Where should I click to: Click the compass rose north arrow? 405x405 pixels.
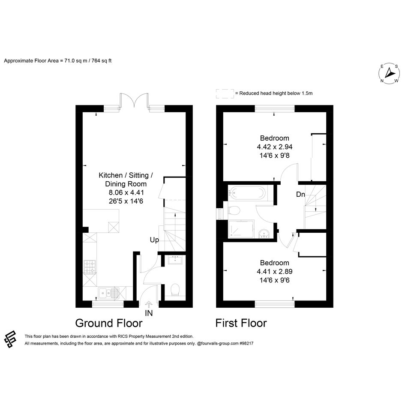tap(389, 73)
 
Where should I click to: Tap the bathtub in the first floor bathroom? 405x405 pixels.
tap(247, 192)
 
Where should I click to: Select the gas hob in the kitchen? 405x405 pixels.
tap(90, 267)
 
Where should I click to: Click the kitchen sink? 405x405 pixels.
tap(108, 294)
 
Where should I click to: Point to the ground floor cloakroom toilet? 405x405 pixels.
tap(175, 290)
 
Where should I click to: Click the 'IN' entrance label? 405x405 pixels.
tap(149, 313)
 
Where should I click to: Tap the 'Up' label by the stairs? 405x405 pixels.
tap(154, 240)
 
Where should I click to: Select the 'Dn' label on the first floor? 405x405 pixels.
tap(300, 194)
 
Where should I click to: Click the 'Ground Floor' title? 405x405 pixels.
tap(109, 323)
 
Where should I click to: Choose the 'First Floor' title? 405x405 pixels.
tap(241, 323)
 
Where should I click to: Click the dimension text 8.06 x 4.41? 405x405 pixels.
tap(126, 192)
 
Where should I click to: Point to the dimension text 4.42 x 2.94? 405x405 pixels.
tap(275, 147)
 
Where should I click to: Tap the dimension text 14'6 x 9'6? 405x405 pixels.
tap(275, 280)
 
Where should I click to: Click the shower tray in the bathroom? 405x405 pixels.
tap(241, 228)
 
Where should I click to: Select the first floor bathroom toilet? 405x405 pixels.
tap(234, 210)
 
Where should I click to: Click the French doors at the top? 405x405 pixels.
tap(134, 100)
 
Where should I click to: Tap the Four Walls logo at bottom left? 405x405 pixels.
tap(11, 339)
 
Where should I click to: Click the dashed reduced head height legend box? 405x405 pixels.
tap(225, 93)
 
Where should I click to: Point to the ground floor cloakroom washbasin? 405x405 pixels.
tap(176, 260)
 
